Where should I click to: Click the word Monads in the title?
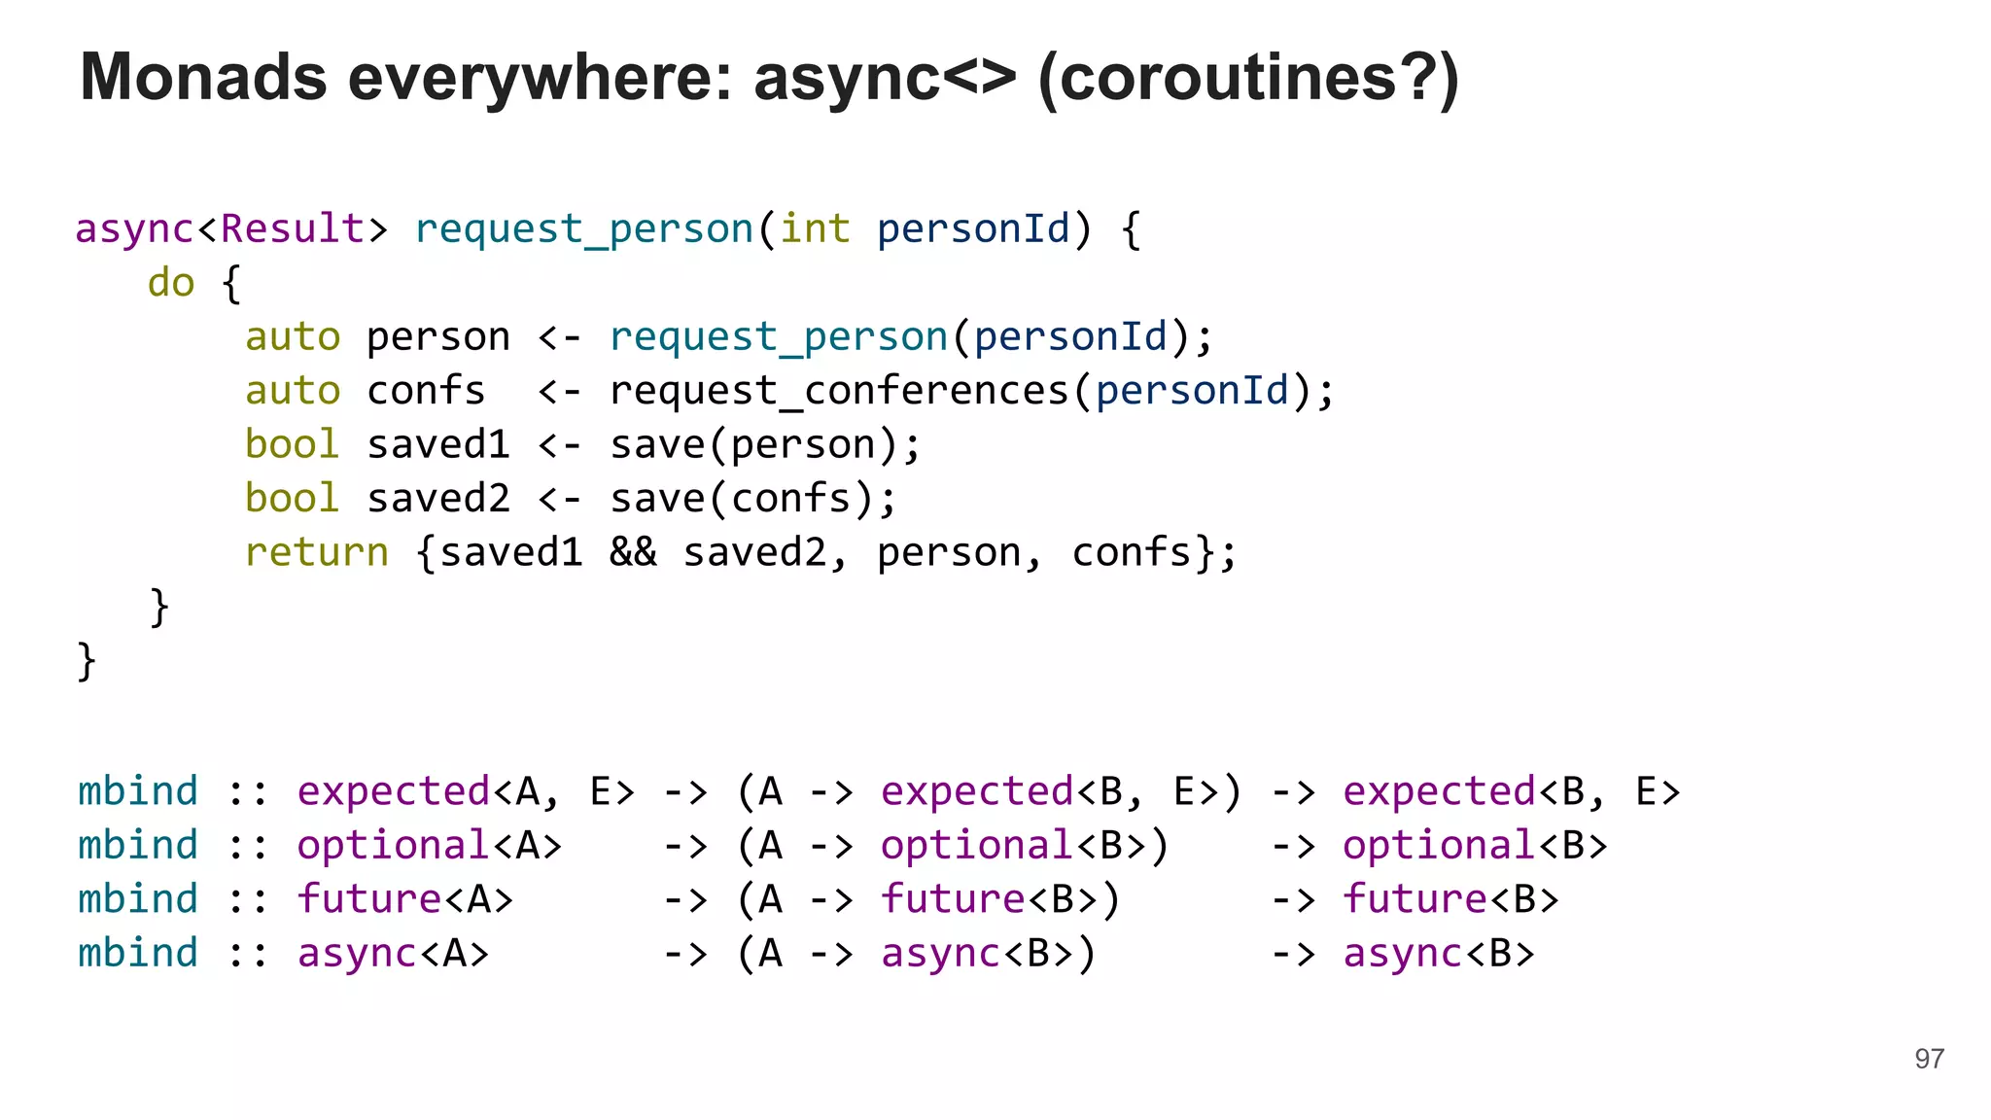tap(203, 78)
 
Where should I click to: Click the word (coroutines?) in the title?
tap(1248, 78)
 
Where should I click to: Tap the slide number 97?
tap(1929, 1059)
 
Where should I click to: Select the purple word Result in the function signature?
tap(293, 229)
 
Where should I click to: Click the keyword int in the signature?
tap(815, 229)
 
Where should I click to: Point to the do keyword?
tap(171, 283)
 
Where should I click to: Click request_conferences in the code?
tap(839, 391)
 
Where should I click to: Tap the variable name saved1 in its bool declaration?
tap(438, 445)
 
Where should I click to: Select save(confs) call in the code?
tap(753, 499)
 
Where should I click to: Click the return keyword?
tap(316, 552)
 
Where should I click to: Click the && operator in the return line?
tap(633, 552)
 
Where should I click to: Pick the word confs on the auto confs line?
tap(426, 391)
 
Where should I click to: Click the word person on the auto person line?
tap(438, 337)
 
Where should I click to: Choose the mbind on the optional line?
tap(138, 845)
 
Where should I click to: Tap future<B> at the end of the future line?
tap(1450, 899)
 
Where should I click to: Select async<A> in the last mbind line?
tap(393, 953)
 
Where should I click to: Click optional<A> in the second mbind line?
tap(429, 845)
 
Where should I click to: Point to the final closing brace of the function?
tap(87, 661)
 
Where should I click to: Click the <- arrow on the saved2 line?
tap(560, 499)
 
